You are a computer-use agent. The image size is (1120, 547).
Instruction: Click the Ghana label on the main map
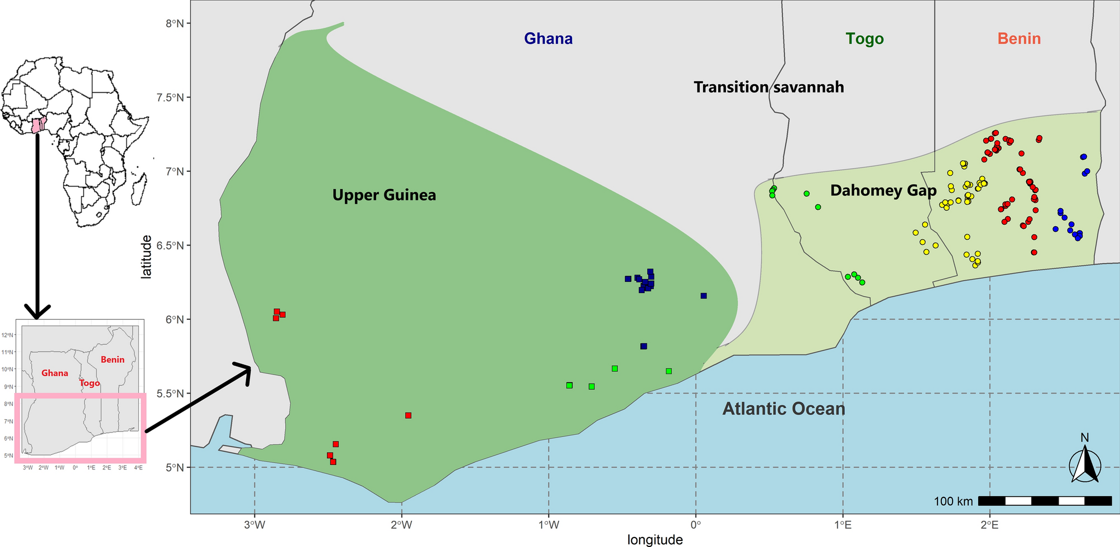tap(548, 39)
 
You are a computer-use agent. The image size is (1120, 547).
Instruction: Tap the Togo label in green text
tap(864, 39)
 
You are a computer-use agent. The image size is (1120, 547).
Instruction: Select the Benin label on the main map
tap(1019, 39)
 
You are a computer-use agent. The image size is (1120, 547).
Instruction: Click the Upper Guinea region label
tap(384, 195)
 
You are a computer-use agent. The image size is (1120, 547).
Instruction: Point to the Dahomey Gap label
tap(883, 190)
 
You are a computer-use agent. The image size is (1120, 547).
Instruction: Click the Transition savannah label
tap(768, 87)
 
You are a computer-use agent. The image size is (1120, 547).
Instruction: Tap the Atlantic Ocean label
tap(783, 409)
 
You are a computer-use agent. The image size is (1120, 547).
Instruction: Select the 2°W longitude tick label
tap(401, 525)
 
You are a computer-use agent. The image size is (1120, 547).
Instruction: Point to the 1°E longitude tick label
tap(843, 525)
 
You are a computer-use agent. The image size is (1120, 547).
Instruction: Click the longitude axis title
tap(655, 540)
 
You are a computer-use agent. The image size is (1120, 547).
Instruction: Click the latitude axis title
tap(146, 256)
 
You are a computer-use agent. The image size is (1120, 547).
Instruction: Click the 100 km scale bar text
tap(953, 501)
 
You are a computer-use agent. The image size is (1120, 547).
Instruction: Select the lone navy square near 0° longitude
tap(704, 296)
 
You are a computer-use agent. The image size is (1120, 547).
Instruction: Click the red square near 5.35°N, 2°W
tap(408, 415)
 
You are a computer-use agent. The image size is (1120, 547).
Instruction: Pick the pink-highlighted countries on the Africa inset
tap(38, 125)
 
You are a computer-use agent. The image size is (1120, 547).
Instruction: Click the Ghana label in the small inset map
tap(55, 373)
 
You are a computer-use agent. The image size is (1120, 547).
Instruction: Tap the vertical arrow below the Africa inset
tap(37, 223)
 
